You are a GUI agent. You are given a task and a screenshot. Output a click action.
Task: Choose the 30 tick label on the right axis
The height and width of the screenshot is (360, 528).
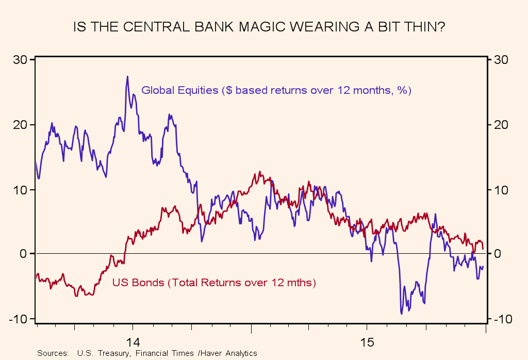(501, 60)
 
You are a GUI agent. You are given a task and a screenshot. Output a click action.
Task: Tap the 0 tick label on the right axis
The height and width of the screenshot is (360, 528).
(498, 254)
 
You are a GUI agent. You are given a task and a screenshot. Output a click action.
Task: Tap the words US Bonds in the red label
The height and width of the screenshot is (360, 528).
(135, 283)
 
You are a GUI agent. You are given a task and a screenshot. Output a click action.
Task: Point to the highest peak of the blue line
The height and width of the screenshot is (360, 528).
(127, 76)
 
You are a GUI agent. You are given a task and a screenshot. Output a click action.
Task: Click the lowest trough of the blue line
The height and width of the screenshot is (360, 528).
(402, 314)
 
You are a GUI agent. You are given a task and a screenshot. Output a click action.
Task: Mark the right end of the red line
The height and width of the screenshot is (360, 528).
(483, 249)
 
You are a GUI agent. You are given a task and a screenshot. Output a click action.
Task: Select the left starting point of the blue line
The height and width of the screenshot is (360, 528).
(36, 162)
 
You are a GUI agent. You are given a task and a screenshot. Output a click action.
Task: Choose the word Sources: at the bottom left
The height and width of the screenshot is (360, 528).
(53, 353)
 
